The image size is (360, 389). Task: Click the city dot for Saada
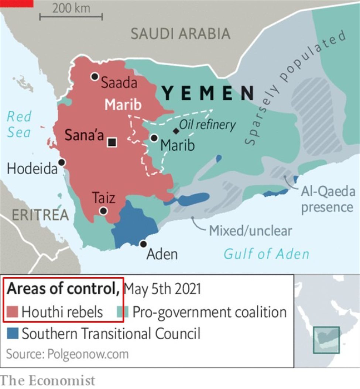[x=95, y=76]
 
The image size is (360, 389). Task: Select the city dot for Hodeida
[x=62, y=162]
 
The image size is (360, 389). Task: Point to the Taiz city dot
[x=103, y=211]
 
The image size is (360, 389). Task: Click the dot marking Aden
[x=143, y=244]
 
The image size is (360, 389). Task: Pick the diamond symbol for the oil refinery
[x=176, y=131]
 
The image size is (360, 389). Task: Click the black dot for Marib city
[x=154, y=138]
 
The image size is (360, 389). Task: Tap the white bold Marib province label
[x=123, y=105]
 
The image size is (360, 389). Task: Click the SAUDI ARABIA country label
[x=181, y=34]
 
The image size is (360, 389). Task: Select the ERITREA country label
[x=40, y=215]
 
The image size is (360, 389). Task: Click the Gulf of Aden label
[x=266, y=254]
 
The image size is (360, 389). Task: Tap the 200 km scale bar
[x=71, y=17]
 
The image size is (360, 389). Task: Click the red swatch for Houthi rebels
[x=13, y=313]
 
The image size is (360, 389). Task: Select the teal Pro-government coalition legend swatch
[x=121, y=313]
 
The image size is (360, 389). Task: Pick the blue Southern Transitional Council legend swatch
[x=13, y=334]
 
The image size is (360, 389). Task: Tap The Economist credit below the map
[x=48, y=381]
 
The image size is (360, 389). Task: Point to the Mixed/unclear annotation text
[x=250, y=231]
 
